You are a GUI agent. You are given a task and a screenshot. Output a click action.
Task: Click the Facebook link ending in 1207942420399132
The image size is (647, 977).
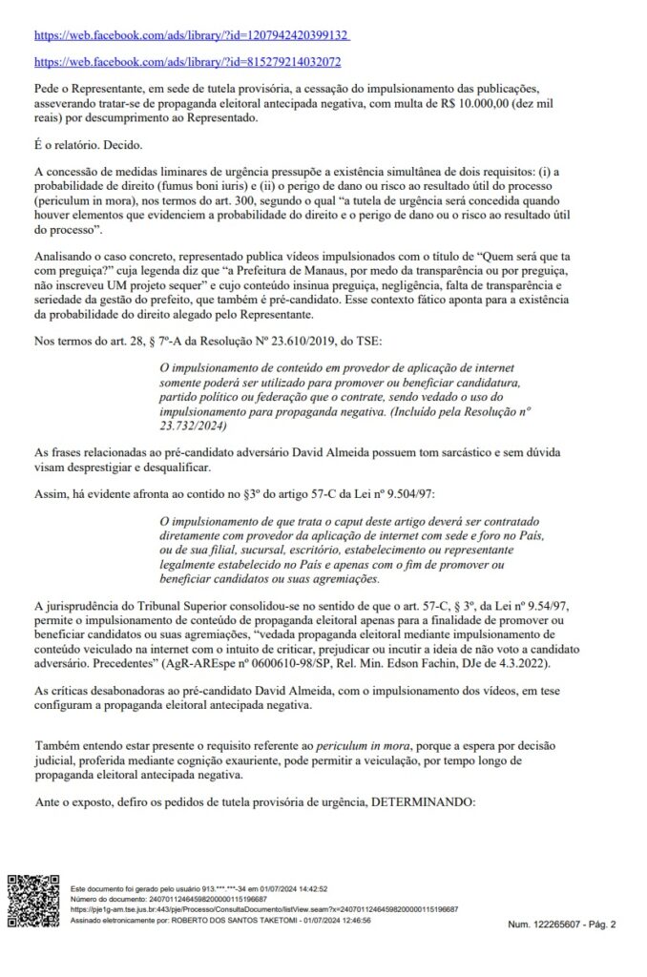192,35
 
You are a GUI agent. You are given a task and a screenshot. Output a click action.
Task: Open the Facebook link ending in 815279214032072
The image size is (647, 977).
187,62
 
